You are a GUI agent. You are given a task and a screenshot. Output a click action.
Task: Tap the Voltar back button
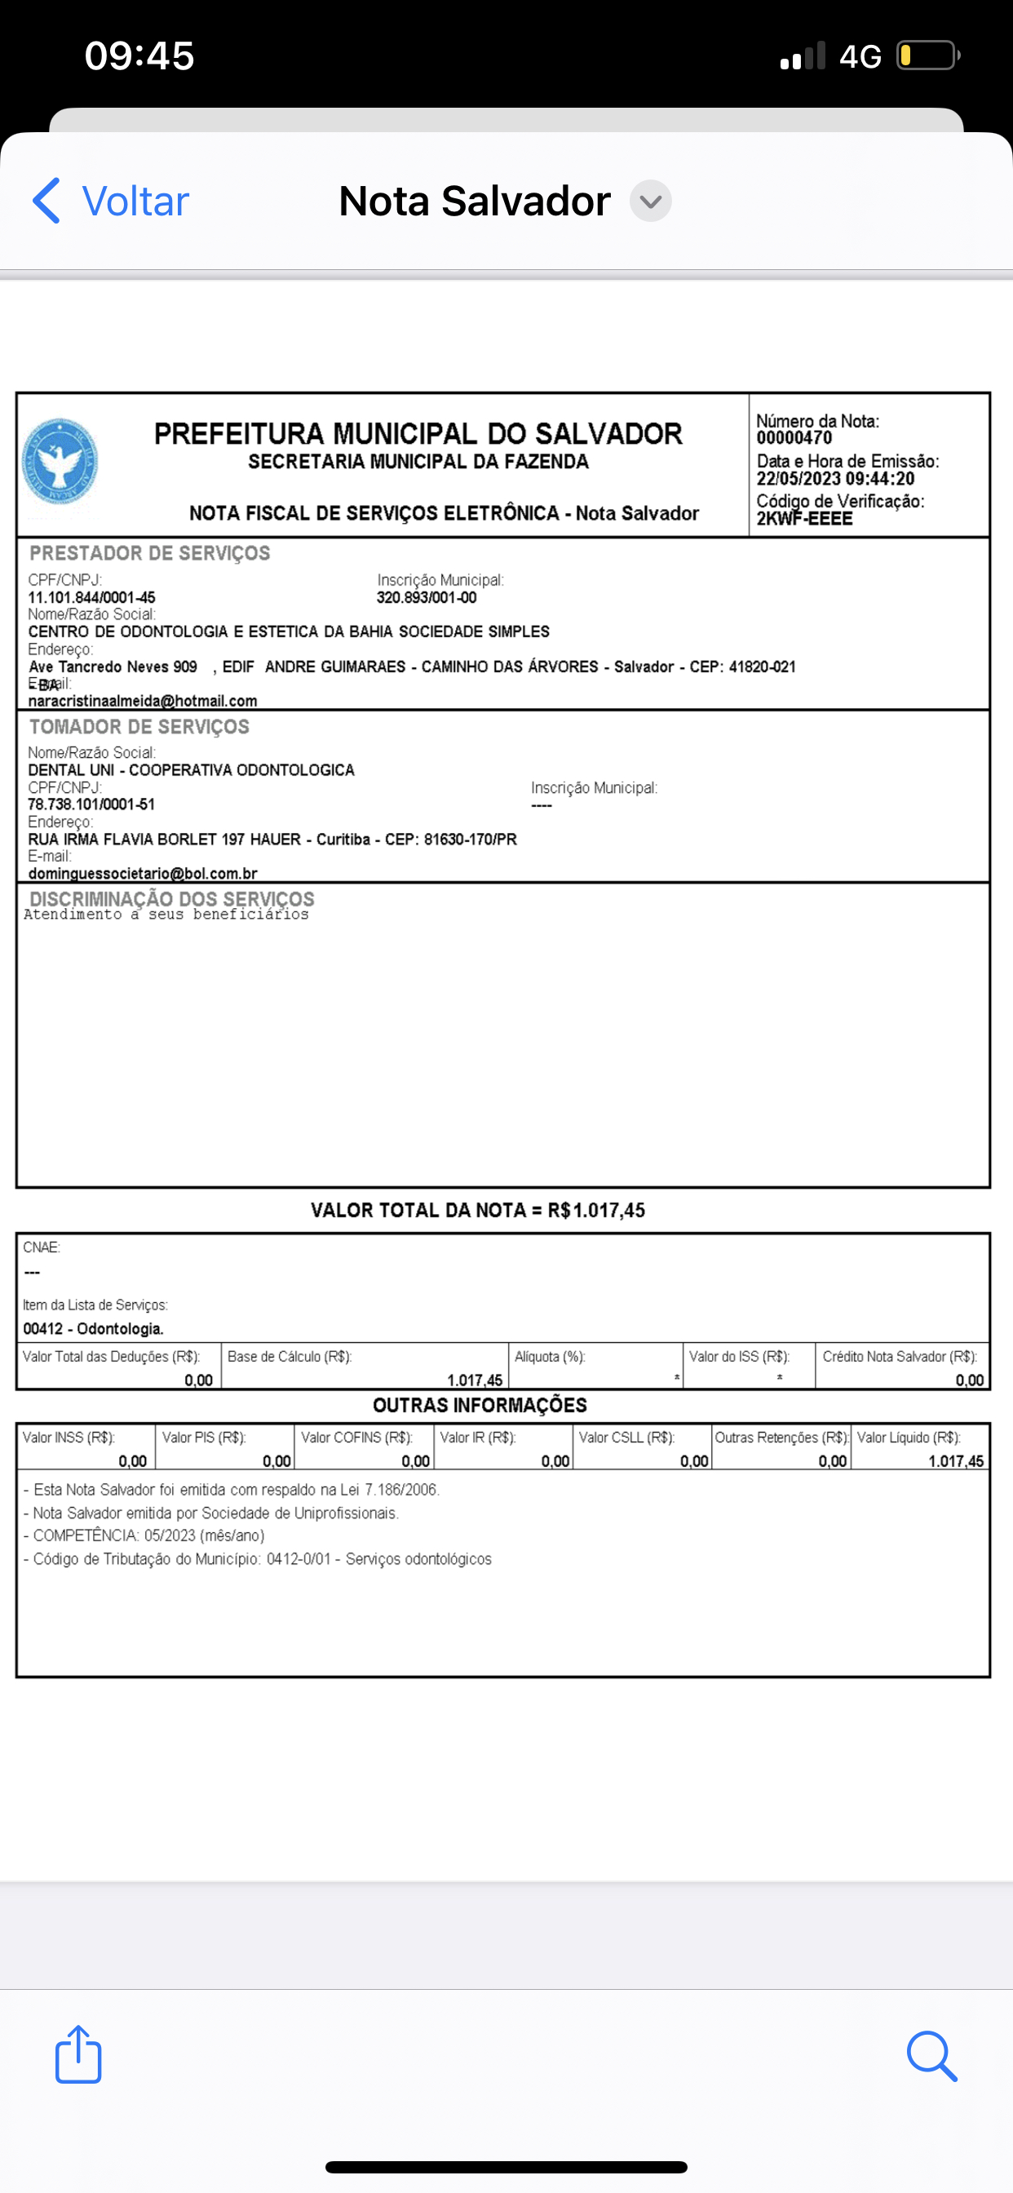pos(111,201)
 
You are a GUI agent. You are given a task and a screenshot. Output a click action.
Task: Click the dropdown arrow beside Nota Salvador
pos(650,201)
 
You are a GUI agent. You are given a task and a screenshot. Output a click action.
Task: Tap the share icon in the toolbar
pos(78,2054)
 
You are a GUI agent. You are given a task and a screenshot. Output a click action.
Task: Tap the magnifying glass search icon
pos(931,2056)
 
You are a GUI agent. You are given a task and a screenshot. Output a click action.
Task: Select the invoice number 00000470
pos(794,438)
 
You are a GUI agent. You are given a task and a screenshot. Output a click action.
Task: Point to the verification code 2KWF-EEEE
pos(804,518)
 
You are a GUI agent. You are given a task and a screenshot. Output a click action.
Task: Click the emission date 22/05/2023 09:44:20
pos(835,479)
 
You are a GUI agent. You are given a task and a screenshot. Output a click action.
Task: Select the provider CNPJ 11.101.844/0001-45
pos(91,598)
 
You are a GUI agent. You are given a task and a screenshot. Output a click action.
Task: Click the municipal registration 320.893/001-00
pos(427,598)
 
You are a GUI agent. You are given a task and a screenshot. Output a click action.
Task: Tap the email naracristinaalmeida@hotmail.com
pos(142,702)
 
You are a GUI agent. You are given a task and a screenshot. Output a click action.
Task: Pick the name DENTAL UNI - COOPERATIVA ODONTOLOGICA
pos(191,770)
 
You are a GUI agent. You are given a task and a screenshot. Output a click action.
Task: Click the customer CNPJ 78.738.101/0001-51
pos(91,804)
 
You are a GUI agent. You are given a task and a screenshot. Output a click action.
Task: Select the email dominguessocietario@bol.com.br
pos(142,874)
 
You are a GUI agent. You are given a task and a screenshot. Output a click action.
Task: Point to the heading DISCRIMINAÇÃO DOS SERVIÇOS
pos(172,898)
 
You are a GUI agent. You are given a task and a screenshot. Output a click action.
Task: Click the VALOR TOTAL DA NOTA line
pos(478,1211)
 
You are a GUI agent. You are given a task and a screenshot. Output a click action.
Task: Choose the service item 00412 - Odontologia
pos(93,1329)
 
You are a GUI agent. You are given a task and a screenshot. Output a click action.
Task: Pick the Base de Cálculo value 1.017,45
pos(474,1380)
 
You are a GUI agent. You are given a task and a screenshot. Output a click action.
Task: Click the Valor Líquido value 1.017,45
pos(955,1462)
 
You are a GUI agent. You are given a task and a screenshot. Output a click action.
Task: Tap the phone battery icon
pos(927,56)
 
